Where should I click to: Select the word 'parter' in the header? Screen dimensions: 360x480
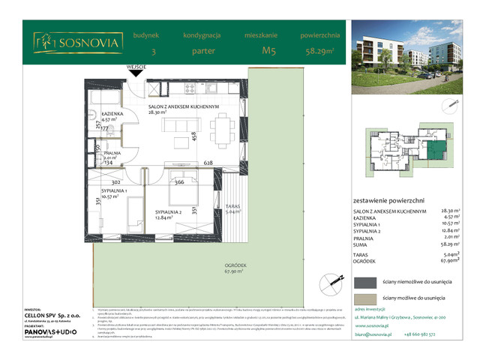(x=200, y=52)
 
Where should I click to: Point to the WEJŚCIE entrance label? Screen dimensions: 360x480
(x=136, y=67)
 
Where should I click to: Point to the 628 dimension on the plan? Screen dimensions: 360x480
(x=208, y=163)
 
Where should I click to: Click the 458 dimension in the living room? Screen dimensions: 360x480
(x=193, y=136)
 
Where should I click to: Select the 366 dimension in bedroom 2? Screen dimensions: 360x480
(x=179, y=181)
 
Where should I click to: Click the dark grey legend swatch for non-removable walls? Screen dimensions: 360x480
(x=365, y=282)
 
